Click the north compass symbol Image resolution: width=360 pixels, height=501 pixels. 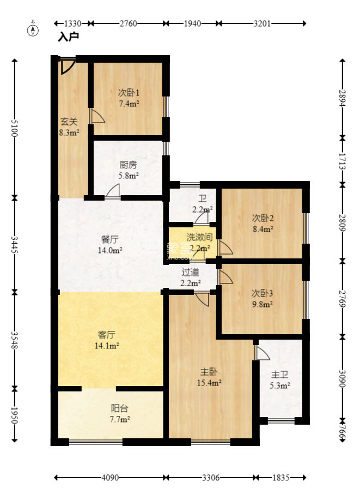pos(33,29)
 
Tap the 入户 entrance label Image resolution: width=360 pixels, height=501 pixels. pos(68,37)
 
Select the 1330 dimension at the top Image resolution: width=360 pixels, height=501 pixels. pos(73,23)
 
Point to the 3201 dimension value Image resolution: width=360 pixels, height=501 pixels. pos(262,23)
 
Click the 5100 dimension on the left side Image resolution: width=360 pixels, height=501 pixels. pos(14,128)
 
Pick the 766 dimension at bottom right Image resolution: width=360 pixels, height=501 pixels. pos(343,432)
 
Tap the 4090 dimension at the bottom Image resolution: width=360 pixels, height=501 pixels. pos(110,478)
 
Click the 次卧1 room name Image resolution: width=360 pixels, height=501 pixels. pos(129,93)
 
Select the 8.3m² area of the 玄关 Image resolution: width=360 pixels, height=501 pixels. pos(69,132)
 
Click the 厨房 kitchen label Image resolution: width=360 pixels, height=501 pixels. pos(129,165)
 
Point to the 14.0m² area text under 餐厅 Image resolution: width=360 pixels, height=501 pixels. pos(110,250)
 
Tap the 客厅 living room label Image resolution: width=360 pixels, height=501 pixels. pos(107,335)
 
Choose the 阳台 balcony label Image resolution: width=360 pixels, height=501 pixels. pos(120,408)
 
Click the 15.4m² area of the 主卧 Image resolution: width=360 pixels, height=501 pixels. pos(209,383)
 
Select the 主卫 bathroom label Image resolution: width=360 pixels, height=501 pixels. pos(279,375)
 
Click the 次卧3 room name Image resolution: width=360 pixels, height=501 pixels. pos(262,293)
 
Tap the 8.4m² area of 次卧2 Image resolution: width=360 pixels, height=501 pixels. pos(263,229)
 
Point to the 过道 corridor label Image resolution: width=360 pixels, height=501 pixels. pos(191,272)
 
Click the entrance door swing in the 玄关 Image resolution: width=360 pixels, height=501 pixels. pos(68,66)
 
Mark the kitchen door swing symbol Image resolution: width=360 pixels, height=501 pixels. pos(113,192)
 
